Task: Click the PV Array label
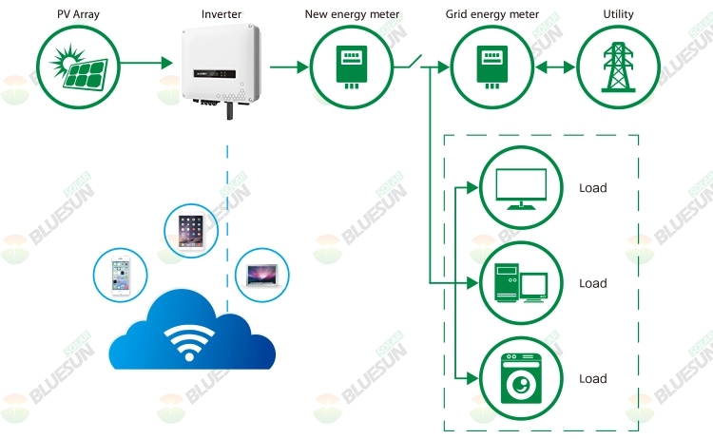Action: point(78,14)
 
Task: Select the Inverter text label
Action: point(222,14)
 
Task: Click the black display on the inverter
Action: point(215,73)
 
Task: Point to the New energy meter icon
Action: point(352,67)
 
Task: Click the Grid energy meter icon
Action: point(492,67)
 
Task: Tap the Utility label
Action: point(618,14)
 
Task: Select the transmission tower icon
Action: point(618,67)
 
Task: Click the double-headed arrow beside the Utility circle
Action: point(555,67)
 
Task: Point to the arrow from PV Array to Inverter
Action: point(146,63)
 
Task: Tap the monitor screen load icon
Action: point(521,188)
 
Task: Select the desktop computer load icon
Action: point(521,282)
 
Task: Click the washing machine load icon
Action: point(521,378)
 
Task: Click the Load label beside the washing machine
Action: point(593,378)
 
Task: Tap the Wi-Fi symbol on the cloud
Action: point(189,342)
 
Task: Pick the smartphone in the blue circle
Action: point(121,276)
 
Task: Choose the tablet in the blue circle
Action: point(191,231)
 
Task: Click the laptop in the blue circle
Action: point(262,275)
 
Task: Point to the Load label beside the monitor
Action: point(593,188)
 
